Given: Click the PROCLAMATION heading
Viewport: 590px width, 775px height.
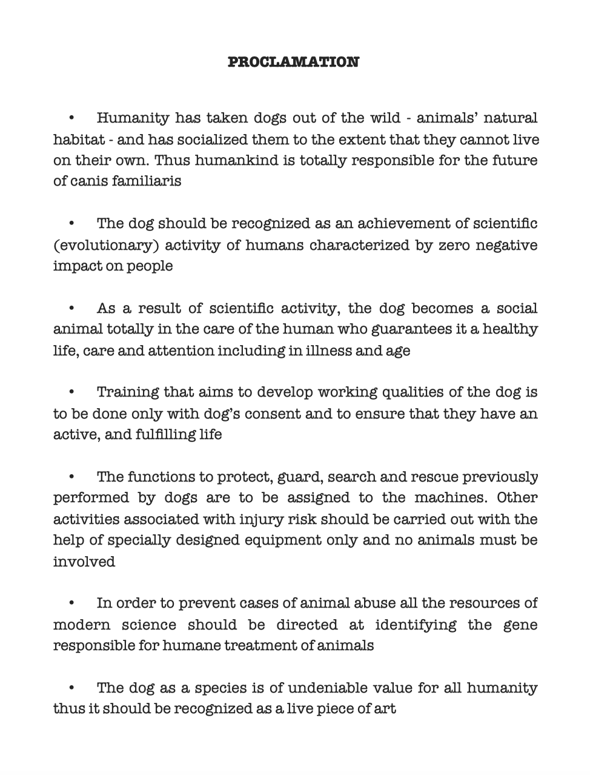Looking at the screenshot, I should tap(293, 62).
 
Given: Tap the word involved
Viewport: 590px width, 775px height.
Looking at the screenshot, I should tap(84, 562).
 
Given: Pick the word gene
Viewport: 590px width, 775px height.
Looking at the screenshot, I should tap(520, 625).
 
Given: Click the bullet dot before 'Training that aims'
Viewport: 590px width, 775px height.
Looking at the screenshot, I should tap(71, 393).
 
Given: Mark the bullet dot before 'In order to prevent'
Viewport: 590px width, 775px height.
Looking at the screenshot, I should tap(71, 604).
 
